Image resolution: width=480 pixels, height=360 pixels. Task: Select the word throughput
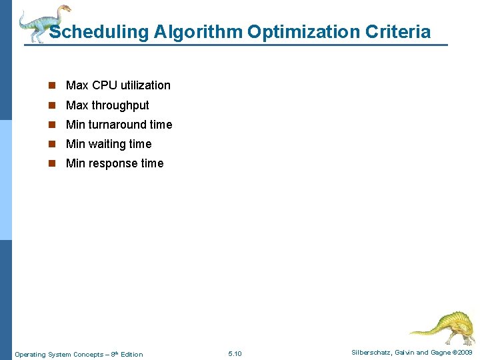tap(120, 105)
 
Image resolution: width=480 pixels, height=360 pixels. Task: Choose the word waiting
tap(107, 144)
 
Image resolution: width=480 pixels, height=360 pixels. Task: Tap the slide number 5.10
tap(235, 354)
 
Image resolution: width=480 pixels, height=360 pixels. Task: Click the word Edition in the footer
tap(131, 354)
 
